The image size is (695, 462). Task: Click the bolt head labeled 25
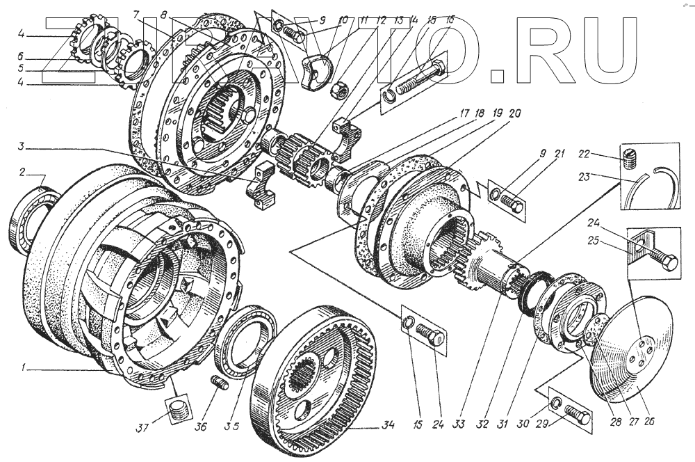click(669, 263)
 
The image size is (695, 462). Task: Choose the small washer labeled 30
click(555, 404)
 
